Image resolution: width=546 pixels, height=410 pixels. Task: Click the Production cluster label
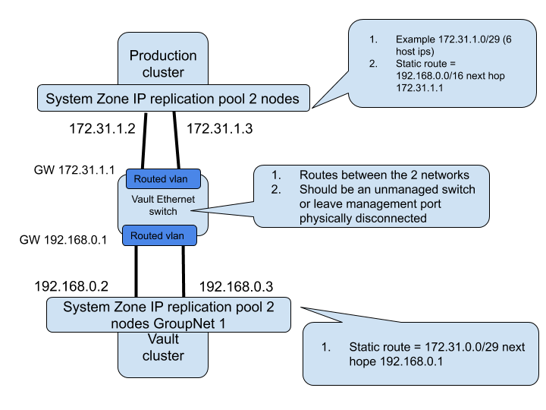click(163, 64)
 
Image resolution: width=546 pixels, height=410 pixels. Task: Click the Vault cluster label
click(163, 347)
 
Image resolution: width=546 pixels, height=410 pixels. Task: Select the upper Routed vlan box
click(161, 179)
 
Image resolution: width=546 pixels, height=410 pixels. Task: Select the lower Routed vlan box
click(157, 235)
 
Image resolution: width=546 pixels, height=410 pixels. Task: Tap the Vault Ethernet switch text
click(162, 205)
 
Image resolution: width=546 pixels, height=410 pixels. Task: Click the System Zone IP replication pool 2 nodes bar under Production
click(173, 99)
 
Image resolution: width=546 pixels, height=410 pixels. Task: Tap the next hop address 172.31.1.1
click(419, 88)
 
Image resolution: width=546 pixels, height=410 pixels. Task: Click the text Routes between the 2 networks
click(384, 175)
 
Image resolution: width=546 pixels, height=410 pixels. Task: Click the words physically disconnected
click(363, 219)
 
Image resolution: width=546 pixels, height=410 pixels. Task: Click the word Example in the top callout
click(416, 39)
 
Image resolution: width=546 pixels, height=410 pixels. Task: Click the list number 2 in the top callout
click(373, 64)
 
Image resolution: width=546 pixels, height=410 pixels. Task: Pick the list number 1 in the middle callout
click(276, 175)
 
